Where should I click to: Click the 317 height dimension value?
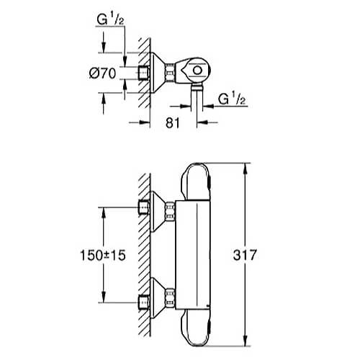click(245, 255)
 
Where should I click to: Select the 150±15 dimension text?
click(103, 255)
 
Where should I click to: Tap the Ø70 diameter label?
click(102, 73)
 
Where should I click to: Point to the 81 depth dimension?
click(173, 123)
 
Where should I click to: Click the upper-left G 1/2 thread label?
click(110, 19)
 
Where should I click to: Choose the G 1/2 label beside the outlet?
click(232, 99)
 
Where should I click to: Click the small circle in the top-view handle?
click(197, 71)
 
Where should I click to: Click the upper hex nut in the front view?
click(170, 211)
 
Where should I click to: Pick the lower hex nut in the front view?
click(170, 297)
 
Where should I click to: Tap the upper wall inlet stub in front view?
click(144, 207)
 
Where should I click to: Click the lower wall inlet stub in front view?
click(144, 302)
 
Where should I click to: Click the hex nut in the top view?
click(170, 73)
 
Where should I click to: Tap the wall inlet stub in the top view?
click(144, 72)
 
